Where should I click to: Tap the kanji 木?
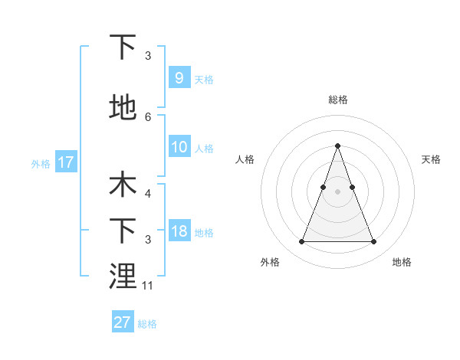[x=123, y=185]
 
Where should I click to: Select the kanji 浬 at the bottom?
[x=123, y=276]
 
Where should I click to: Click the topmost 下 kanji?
[x=123, y=47]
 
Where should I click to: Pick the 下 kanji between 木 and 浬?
[x=123, y=231]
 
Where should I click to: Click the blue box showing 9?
[x=179, y=78]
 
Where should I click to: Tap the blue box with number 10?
[x=179, y=147]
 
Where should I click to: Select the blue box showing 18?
[x=179, y=231]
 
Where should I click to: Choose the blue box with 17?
[x=66, y=162]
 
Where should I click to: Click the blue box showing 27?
[x=123, y=322]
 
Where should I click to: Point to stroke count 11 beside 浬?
[x=148, y=286]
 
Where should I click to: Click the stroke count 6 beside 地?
[x=148, y=117]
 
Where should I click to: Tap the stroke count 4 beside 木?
[x=148, y=195]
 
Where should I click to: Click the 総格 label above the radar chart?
[x=338, y=100]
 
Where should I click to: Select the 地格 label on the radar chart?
[x=402, y=262]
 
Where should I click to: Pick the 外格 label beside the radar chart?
[x=270, y=262]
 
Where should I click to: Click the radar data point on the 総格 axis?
[x=337, y=146]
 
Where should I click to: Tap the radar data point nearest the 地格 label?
[x=373, y=242]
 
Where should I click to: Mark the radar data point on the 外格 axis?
[x=301, y=242]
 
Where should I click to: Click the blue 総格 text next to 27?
[x=147, y=324]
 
